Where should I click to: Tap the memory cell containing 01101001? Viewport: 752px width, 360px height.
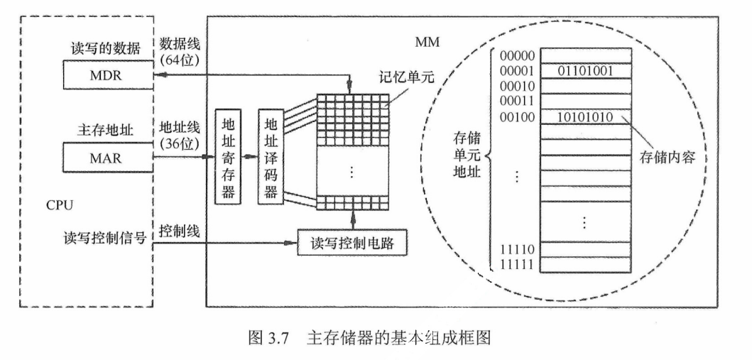tap(585, 72)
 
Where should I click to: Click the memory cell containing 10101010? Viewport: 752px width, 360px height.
tap(585, 116)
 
